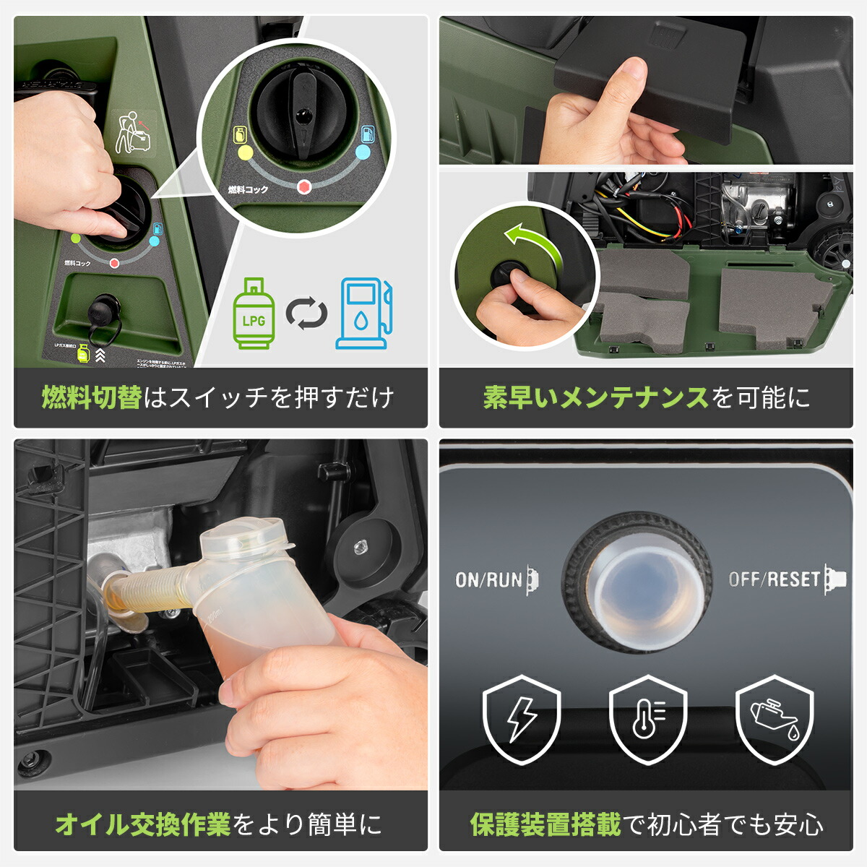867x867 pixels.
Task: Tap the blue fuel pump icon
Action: tap(364, 314)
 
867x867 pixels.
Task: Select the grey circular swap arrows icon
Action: tap(306, 314)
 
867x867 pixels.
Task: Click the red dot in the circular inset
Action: tap(304, 186)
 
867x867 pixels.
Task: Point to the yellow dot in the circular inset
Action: tap(245, 152)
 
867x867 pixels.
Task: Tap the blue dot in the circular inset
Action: tap(363, 152)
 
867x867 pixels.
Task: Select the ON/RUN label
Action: tap(488, 579)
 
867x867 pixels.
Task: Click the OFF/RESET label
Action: tap(774, 579)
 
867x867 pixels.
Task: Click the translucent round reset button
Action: tap(637, 582)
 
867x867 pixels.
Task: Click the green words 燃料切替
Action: tap(92, 398)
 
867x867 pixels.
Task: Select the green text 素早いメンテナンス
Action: tap(595, 398)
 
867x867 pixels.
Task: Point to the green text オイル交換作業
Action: tap(142, 824)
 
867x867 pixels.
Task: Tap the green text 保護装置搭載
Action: tap(545, 824)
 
